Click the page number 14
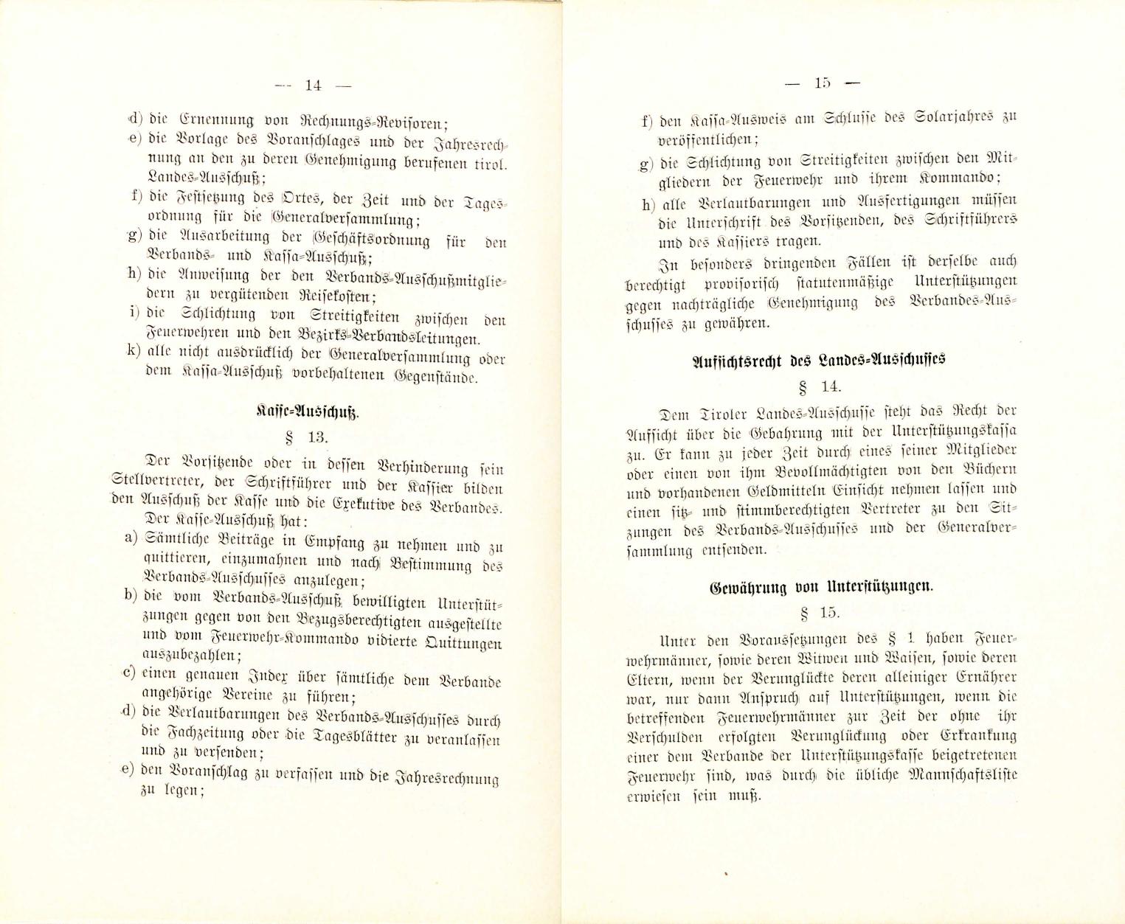313,85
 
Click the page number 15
823,83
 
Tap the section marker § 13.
307,438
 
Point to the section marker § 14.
820,386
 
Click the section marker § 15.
819,613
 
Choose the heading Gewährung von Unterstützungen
821,588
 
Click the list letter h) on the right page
648,204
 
